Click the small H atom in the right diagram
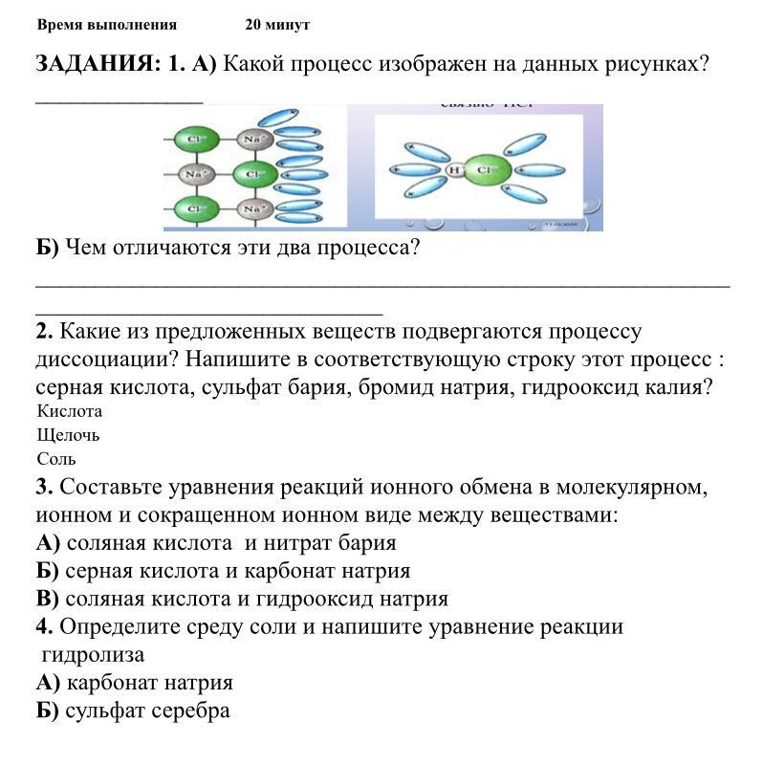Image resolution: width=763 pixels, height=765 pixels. click(455, 170)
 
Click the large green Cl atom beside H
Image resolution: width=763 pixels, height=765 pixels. click(483, 170)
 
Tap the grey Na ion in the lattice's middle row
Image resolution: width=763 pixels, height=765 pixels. click(195, 175)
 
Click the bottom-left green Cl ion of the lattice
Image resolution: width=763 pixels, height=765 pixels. click(195, 208)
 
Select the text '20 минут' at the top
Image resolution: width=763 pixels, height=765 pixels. click(277, 25)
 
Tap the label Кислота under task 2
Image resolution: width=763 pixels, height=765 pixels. click(69, 411)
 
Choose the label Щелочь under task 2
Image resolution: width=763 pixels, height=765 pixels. click(68, 435)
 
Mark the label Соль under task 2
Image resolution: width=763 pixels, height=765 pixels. click(56, 459)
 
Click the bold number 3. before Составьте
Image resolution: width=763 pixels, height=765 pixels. click(44, 486)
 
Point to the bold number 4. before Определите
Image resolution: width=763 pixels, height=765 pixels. click(44, 626)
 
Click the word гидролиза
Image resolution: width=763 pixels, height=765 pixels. click(93, 655)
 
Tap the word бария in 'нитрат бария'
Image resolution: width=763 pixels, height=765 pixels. click(363, 542)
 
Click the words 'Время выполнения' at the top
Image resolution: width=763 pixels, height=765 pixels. click(107, 25)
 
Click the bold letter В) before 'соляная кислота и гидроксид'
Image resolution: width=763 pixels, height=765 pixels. click(48, 599)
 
